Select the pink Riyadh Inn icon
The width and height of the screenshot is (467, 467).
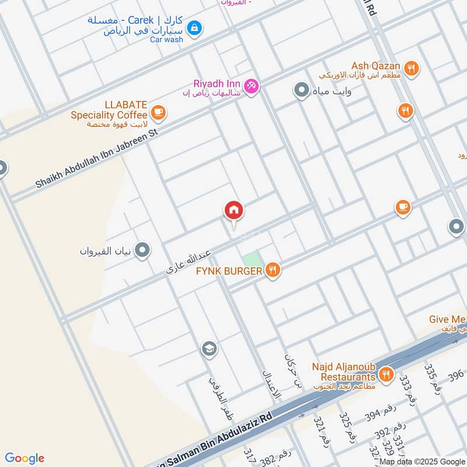click(252, 86)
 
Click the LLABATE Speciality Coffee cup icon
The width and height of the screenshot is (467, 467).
click(158, 111)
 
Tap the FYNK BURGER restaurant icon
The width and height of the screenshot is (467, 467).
click(272, 270)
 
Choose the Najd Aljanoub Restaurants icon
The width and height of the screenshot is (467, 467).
click(385, 374)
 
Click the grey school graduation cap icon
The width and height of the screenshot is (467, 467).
click(208, 349)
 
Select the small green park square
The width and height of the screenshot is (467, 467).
click(250, 259)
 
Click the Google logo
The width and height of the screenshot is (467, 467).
click(25, 458)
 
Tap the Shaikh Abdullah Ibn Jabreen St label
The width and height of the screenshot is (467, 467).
click(97, 159)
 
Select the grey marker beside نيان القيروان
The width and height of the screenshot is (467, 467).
click(142, 251)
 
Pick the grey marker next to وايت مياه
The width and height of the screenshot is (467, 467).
click(301, 90)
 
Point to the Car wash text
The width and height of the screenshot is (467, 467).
click(166, 39)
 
